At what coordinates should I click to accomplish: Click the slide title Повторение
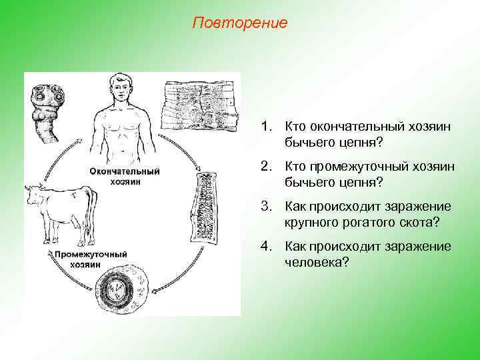239,23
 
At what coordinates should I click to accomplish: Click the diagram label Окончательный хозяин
125,176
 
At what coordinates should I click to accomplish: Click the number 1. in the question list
267,126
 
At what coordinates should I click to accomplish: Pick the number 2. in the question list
267,167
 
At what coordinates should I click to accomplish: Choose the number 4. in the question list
267,247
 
